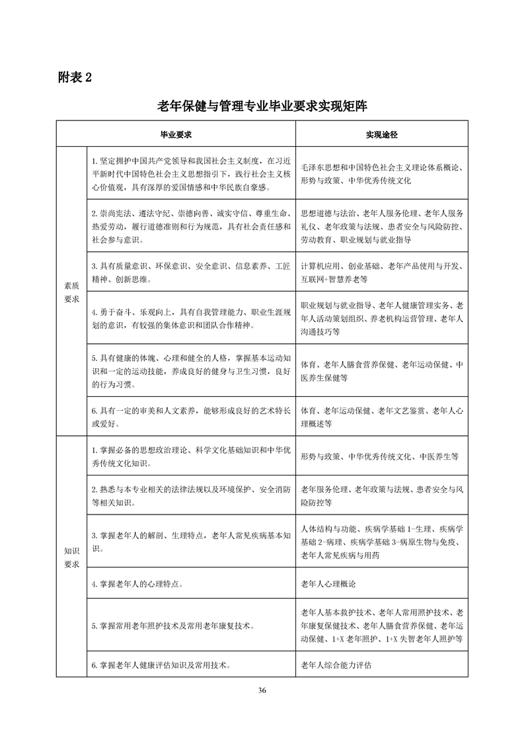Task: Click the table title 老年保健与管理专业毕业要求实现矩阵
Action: (262, 106)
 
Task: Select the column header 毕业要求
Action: (176, 134)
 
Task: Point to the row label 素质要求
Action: (71, 292)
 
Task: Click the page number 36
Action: (262, 690)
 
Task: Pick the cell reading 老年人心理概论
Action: (331, 585)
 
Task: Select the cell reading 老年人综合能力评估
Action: (336, 665)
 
